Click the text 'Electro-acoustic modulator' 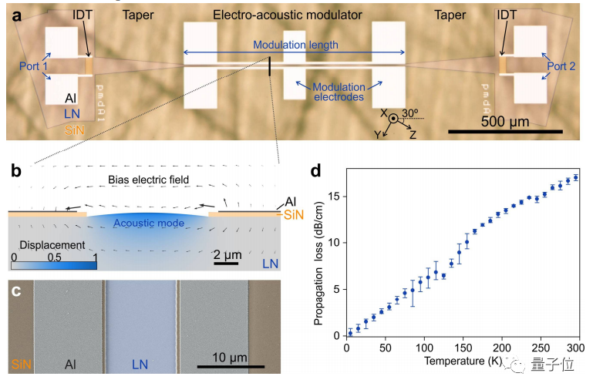click(x=293, y=14)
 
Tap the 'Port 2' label click(x=561, y=66)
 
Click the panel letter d click(x=315, y=170)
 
